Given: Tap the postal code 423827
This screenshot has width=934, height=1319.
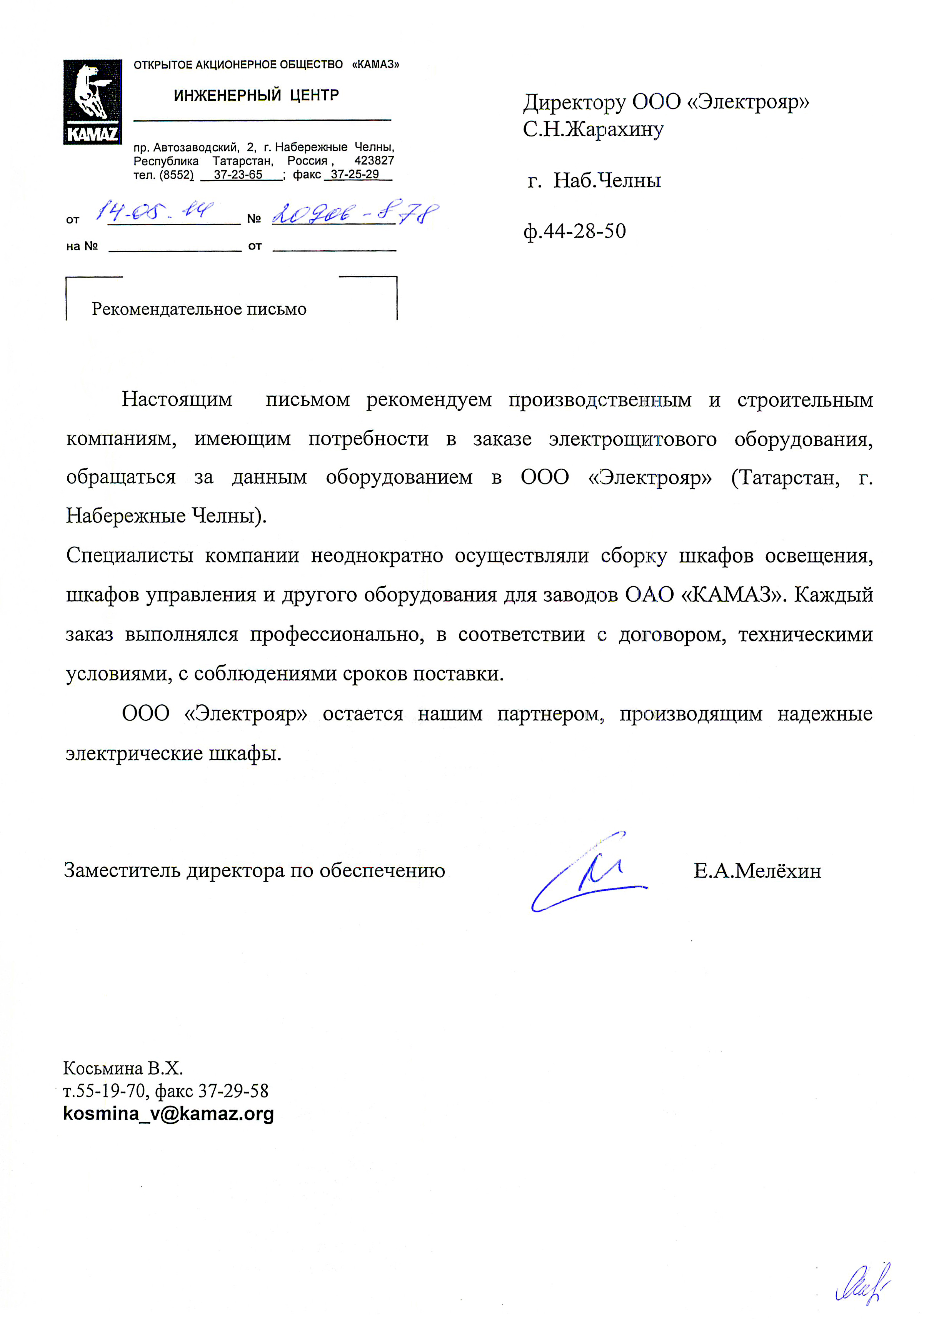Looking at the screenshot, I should click(x=374, y=161).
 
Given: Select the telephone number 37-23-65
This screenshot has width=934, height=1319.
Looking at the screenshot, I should click(x=238, y=175).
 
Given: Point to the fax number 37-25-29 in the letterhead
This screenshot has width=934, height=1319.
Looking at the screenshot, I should click(x=355, y=175).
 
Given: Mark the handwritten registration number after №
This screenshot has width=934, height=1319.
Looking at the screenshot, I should click(x=355, y=214).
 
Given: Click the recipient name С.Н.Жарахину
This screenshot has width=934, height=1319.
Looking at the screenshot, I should click(x=593, y=130).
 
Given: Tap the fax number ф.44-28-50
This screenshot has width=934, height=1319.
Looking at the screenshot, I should click(x=574, y=231).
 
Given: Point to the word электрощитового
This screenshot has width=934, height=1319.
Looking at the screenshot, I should click(x=633, y=439).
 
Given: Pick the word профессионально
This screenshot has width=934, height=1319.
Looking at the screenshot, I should click(x=337, y=634).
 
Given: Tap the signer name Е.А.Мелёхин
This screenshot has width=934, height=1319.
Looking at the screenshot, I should click(x=757, y=871).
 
